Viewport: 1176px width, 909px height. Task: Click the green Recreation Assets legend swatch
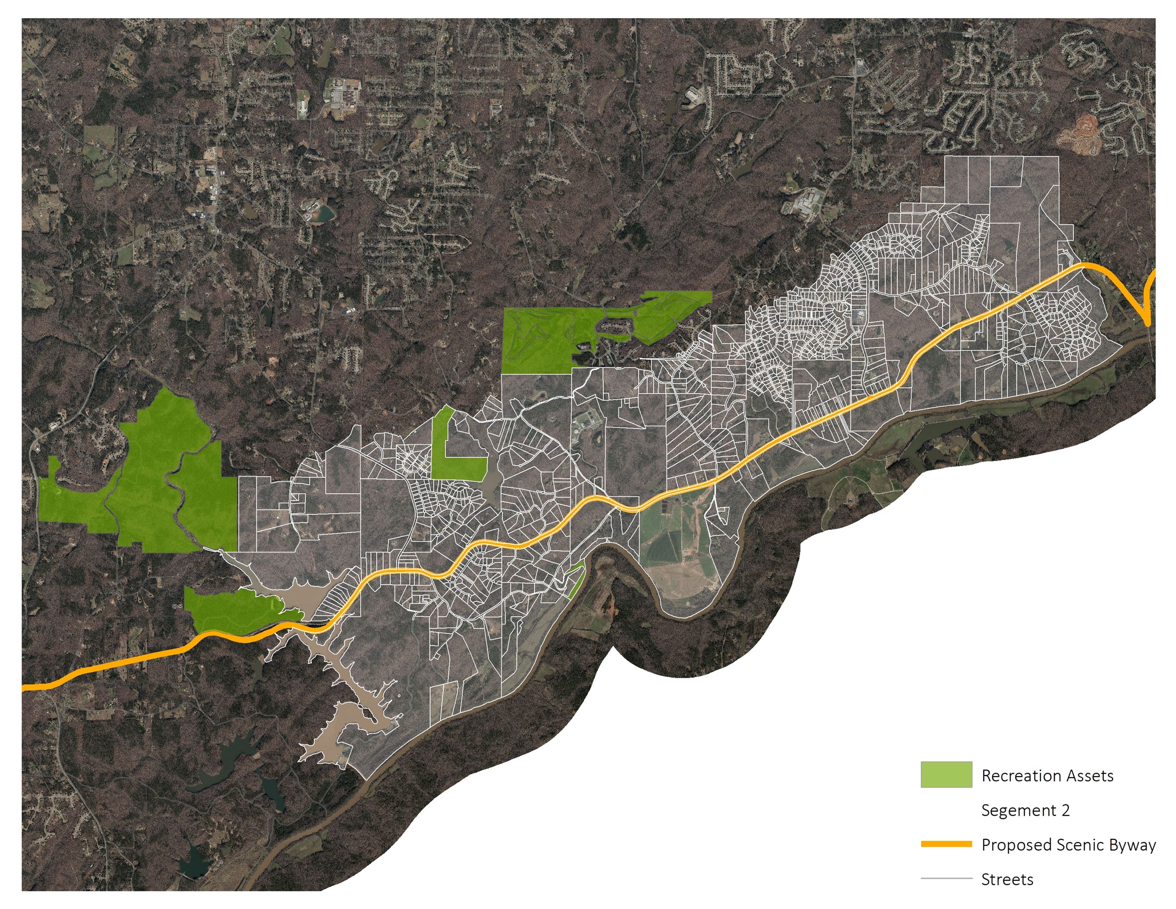[946, 774]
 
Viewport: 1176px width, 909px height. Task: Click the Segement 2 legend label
[1025, 810]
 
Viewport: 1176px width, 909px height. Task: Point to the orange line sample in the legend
[946, 844]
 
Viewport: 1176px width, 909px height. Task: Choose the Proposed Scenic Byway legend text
[1068, 844]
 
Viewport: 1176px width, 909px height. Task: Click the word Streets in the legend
[1007, 880]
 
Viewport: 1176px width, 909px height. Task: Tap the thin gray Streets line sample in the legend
[946, 878]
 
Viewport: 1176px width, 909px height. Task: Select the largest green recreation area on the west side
[156, 479]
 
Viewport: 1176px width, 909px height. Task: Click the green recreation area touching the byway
[232, 609]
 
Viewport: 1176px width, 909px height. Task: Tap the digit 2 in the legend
[1065, 810]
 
